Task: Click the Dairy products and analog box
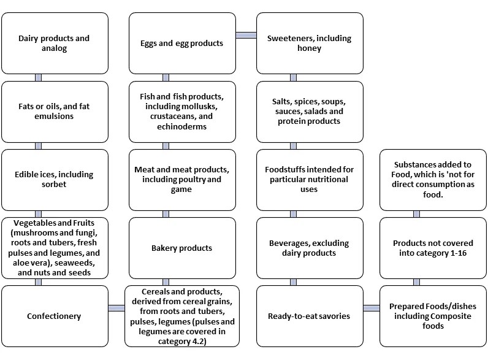[55, 43]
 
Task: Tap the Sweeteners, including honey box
[310, 43]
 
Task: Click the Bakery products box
[182, 248]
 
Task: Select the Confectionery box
[55, 316]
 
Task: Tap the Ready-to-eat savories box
[310, 316]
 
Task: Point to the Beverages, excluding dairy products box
[310, 248]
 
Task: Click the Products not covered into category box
[433, 248]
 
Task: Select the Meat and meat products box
[182, 179]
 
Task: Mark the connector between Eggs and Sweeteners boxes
[246, 35]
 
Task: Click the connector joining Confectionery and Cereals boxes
[116, 308]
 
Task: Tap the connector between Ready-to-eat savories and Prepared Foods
[372, 308]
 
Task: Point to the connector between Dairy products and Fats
[38, 77]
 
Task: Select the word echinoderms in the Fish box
[181, 126]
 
